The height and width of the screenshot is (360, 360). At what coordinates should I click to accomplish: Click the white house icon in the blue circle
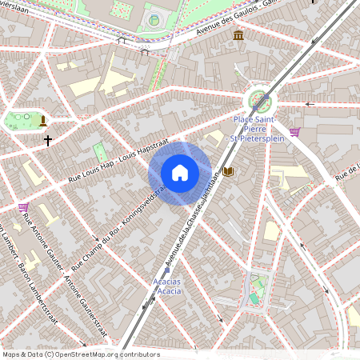point(180,173)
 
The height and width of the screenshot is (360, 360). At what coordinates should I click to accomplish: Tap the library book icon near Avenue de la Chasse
point(228,172)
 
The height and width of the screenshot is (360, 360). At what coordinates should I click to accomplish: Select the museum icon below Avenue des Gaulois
point(238,35)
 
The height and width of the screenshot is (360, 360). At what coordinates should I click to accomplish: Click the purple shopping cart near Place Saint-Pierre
point(294,132)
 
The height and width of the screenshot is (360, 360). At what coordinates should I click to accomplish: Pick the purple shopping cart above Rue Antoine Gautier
point(23,206)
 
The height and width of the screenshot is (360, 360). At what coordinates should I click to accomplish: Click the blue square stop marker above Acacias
point(166,270)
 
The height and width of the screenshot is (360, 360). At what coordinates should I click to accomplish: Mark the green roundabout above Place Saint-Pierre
point(259,102)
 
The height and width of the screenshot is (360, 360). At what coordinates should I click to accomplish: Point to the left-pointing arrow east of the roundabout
point(310,104)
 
